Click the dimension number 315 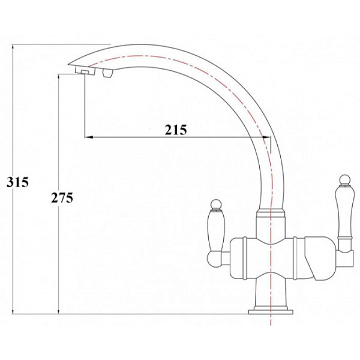[17, 183]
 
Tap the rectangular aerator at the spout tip [82, 71]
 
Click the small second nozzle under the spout [108, 74]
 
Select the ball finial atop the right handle [345, 179]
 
